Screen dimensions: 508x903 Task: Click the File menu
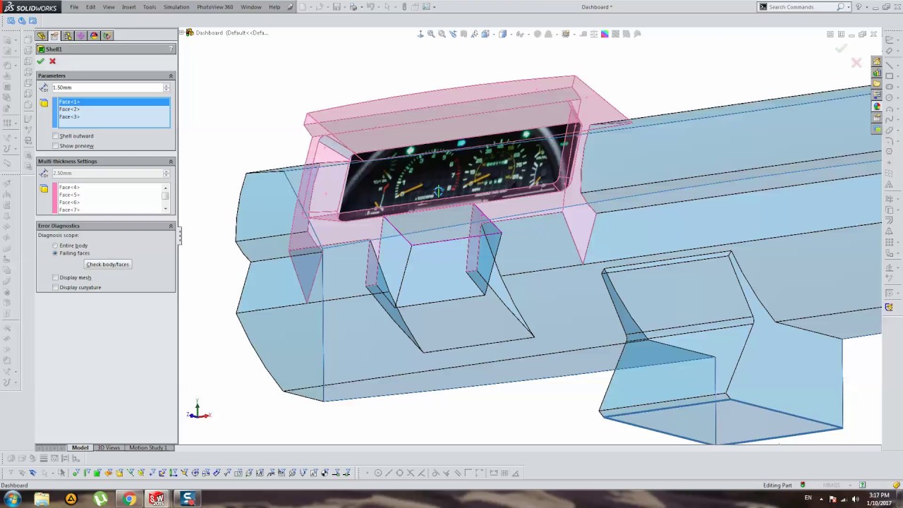pyautogui.click(x=74, y=7)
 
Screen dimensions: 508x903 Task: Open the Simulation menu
pyautogui.click(x=176, y=7)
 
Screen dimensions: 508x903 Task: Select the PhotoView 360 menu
pyautogui.click(x=214, y=7)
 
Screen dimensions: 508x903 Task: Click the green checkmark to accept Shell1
pyautogui.click(x=41, y=61)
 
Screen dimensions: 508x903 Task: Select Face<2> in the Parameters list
pyautogui.click(x=69, y=109)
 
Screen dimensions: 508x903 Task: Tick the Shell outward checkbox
pyautogui.click(x=56, y=136)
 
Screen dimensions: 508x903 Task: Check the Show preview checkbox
pyautogui.click(x=56, y=146)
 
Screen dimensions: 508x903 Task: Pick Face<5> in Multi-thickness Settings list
pyautogui.click(x=69, y=195)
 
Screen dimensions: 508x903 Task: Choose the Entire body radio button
pyautogui.click(x=55, y=246)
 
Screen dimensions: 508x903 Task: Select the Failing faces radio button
pyautogui.click(x=55, y=253)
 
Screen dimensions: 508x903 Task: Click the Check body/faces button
pyautogui.click(x=107, y=265)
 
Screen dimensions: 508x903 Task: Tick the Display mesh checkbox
pyautogui.click(x=56, y=278)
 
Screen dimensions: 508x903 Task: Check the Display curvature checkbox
pyautogui.click(x=56, y=288)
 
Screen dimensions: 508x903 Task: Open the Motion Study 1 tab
pyautogui.click(x=147, y=448)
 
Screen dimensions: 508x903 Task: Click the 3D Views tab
pyautogui.click(x=109, y=448)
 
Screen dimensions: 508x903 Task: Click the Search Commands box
pyautogui.click(x=801, y=7)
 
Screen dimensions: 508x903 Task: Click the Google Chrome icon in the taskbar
pyautogui.click(x=129, y=500)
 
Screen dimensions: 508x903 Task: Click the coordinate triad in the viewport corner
pyautogui.click(x=198, y=411)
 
